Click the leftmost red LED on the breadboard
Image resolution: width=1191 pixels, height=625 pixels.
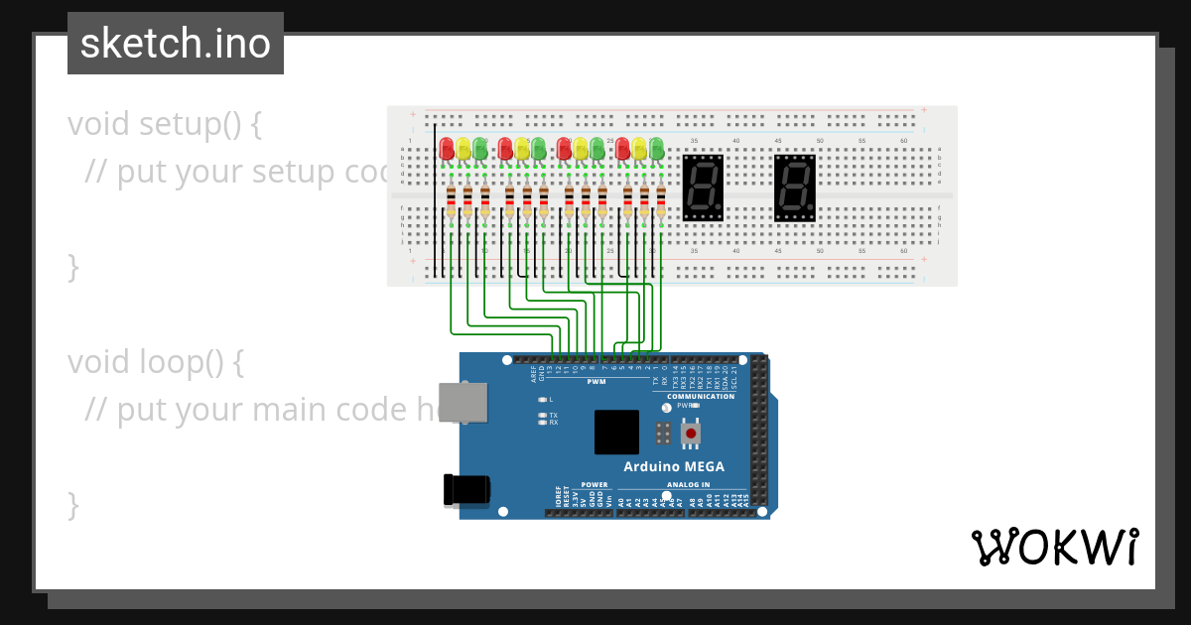click(447, 149)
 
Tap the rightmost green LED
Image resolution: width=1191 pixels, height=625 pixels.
click(656, 149)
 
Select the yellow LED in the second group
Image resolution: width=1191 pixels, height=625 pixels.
click(522, 149)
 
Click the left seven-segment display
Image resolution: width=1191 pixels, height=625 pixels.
click(703, 187)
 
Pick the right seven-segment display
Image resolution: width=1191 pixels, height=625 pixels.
click(795, 187)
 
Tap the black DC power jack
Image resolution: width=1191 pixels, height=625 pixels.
click(466, 489)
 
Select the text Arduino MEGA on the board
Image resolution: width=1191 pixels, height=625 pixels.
click(673, 466)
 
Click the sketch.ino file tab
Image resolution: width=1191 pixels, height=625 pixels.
click(176, 44)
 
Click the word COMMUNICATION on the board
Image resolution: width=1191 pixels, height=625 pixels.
click(701, 397)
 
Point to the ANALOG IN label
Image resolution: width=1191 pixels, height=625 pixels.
click(692, 485)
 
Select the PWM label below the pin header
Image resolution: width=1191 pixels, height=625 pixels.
click(596, 381)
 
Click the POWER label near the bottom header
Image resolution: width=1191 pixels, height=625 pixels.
click(594, 485)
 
